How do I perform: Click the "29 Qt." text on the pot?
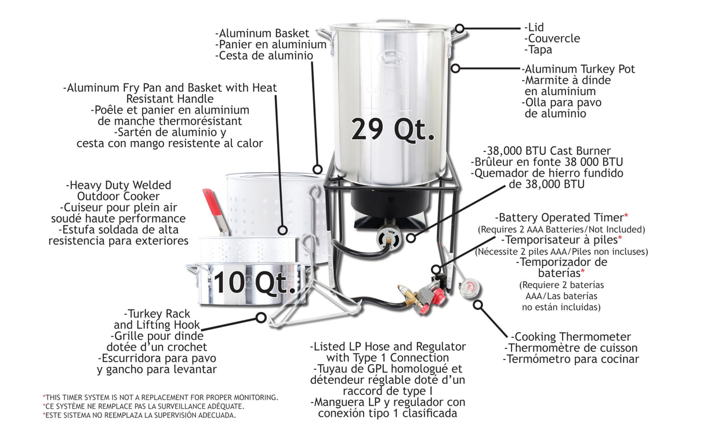pos(392,129)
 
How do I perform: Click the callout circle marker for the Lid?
pos(459,28)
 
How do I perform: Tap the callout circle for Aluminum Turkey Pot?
pos(456,68)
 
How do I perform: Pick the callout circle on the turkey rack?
pos(262,317)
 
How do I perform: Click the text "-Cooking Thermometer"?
pos(571,337)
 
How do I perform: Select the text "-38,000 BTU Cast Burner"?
pos(546,151)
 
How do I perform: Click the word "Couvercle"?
pos(551,39)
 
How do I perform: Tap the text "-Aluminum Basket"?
pos(262,34)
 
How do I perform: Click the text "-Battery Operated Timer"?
pos(559,217)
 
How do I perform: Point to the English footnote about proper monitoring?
pos(160,397)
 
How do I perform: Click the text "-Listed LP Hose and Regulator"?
pos(387,347)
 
